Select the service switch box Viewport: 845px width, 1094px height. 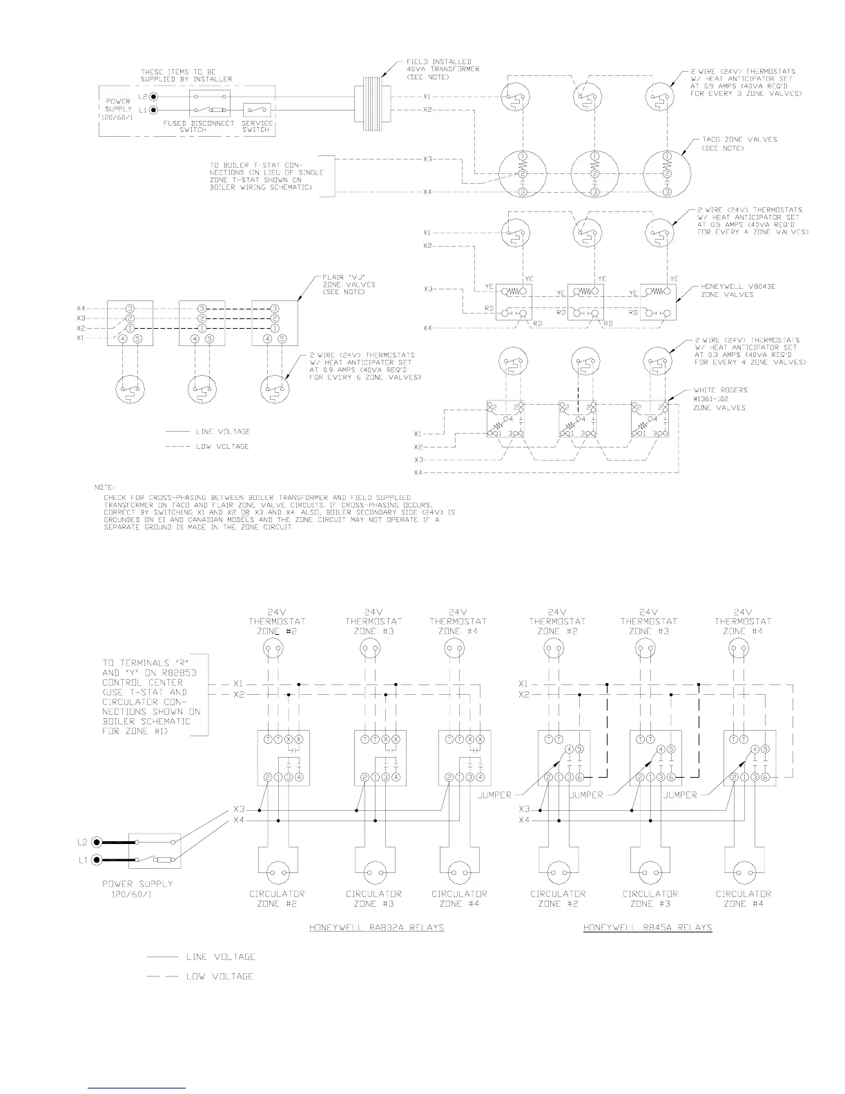tap(257, 111)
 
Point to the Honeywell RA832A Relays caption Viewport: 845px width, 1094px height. tap(376, 927)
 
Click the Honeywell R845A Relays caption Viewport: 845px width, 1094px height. tap(647, 927)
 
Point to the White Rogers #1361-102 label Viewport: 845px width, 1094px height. tap(719, 399)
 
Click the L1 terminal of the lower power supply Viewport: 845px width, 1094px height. tap(97, 860)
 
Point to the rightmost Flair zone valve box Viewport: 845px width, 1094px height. tap(274, 323)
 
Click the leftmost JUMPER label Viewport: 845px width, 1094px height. tap(494, 795)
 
